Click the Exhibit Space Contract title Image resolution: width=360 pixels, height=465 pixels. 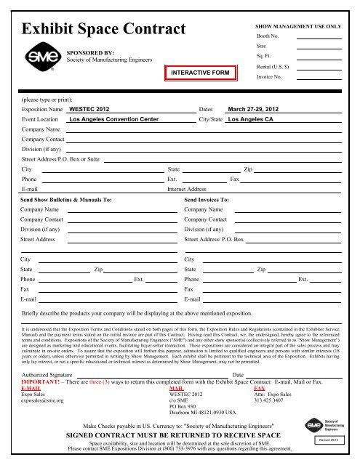point(105,30)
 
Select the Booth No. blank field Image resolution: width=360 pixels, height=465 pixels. point(319,36)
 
